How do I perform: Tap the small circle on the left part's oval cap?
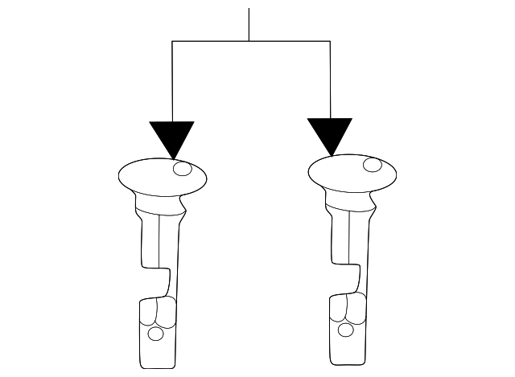(x=183, y=169)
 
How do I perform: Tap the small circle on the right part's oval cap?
(x=372, y=165)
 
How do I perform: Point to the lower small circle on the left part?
(x=156, y=333)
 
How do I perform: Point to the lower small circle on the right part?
(x=346, y=329)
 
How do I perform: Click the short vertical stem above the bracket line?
(x=249, y=24)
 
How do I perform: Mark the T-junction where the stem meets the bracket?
(x=249, y=40)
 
